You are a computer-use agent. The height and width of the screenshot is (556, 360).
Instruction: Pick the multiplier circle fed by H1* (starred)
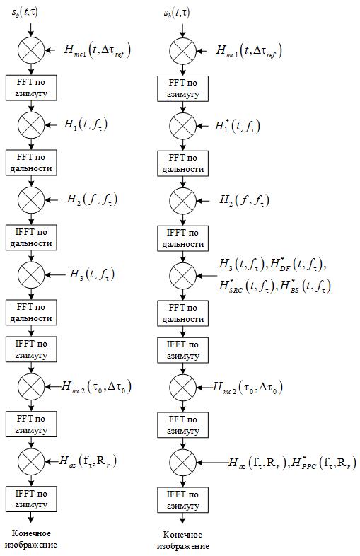click(182, 126)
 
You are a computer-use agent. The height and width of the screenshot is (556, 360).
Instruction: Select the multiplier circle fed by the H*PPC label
click(182, 463)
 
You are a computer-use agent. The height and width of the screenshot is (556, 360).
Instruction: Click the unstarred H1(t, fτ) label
click(86, 124)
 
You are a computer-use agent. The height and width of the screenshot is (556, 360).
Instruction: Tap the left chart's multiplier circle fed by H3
click(31, 274)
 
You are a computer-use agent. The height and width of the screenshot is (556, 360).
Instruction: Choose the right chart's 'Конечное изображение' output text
click(182, 540)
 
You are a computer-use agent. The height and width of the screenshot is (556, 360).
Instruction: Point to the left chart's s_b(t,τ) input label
click(25, 13)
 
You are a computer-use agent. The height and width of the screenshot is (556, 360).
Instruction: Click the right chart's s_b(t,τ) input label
click(176, 13)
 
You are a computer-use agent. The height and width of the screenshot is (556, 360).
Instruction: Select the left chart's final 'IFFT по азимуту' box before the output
click(31, 499)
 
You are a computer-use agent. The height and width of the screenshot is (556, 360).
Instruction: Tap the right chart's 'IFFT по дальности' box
click(182, 238)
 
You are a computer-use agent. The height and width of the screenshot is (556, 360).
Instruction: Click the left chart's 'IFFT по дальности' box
click(31, 238)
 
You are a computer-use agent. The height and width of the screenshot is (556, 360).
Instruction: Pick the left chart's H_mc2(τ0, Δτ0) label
click(96, 386)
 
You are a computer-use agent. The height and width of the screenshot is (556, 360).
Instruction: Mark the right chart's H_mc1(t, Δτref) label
click(249, 51)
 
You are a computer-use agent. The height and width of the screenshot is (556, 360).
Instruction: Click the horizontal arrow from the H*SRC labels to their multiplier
click(207, 276)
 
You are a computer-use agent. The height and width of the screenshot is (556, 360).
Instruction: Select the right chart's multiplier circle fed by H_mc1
click(182, 51)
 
